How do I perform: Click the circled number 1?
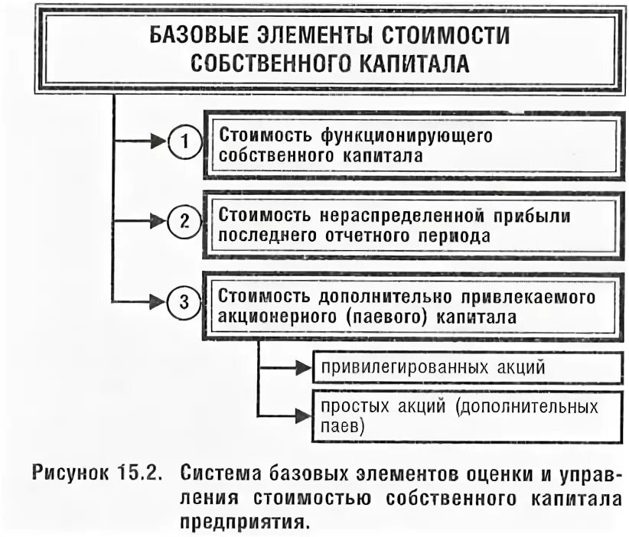tap(184, 142)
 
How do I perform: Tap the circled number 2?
tap(184, 221)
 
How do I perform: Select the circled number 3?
tap(184, 301)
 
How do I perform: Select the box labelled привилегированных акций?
tap(467, 366)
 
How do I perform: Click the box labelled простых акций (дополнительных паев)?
tap(467, 415)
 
